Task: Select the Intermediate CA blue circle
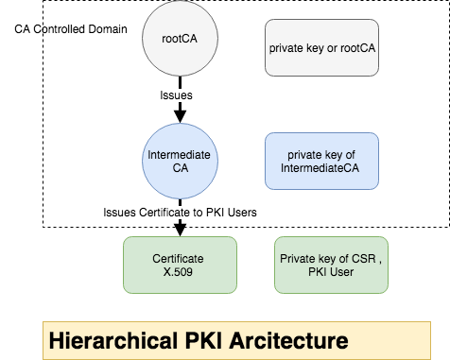pyautogui.click(x=179, y=161)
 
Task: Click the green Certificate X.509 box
pyautogui.click(x=179, y=264)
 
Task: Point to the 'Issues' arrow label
pyautogui.click(x=178, y=95)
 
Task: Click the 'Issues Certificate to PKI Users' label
pyautogui.click(x=180, y=213)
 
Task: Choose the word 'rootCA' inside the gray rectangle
pyautogui.click(x=359, y=45)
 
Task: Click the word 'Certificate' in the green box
pyautogui.click(x=179, y=256)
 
